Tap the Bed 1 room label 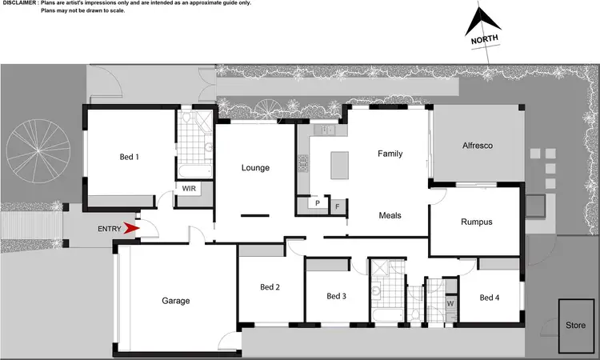point(130,157)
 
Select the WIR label point(190,189)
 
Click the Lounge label point(256,168)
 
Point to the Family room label point(390,154)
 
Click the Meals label point(390,215)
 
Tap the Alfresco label point(478,146)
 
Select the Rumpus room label point(476,222)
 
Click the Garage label point(176,301)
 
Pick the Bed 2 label point(270,287)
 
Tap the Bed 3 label point(337,296)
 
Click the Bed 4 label point(490,298)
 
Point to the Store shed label point(576,326)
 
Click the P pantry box point(318,204)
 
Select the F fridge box point(337,206)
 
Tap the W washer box point(450,304)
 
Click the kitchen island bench point(339,166)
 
